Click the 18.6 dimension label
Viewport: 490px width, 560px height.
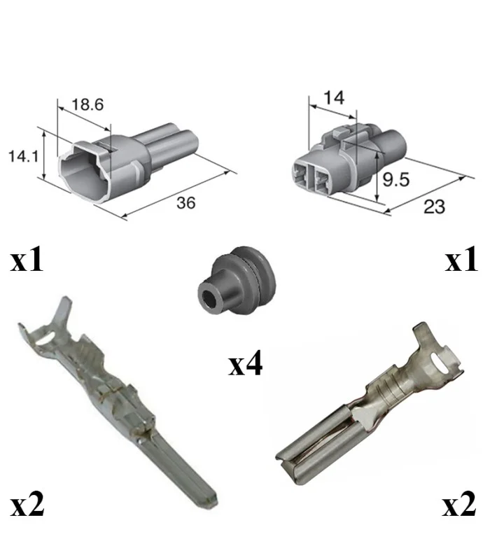point(87,104)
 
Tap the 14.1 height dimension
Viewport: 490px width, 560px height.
point(23,156)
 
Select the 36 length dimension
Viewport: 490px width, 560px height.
point(186,203)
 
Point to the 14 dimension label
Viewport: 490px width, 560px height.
point(334,97)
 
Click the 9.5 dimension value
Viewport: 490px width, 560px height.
point(396,179)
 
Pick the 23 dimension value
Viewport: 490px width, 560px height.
point(434,206)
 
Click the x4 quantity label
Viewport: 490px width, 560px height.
point(246,363)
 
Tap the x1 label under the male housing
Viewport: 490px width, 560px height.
point(27,260)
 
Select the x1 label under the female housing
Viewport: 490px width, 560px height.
point(461,258)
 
